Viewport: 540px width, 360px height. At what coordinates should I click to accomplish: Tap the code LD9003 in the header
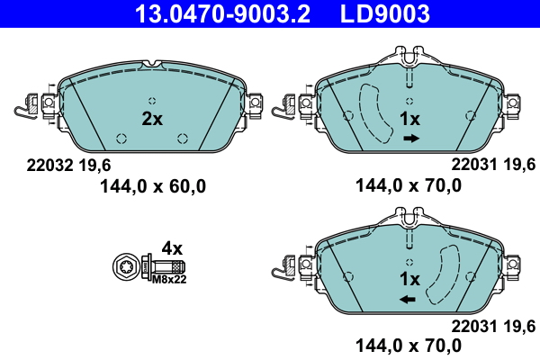384,14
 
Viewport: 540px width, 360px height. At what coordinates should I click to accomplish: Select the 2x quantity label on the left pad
151,119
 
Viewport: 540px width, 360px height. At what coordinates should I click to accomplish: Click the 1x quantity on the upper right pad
409,119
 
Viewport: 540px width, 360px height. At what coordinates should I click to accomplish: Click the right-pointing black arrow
410,139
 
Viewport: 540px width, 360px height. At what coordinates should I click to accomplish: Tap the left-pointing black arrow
409,298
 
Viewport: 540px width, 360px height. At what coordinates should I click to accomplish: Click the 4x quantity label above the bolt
171,247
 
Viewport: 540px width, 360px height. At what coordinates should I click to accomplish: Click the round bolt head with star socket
126,267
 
